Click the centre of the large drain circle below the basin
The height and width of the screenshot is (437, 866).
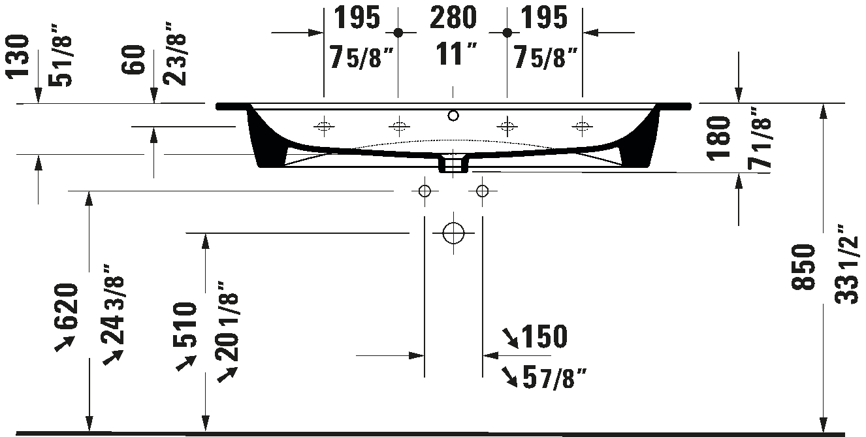[453, 233]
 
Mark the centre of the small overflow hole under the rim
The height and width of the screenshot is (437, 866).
[453, 115]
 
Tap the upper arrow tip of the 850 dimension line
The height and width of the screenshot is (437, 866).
[824, 104]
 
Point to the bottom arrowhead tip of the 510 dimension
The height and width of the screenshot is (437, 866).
[205, 431]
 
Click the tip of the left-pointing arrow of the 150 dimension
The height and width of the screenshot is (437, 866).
[483, 355]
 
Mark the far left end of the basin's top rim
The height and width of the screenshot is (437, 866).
[216, 106]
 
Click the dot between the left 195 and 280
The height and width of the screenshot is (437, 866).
[398, 33]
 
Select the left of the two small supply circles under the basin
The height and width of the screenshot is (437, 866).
[425, 191]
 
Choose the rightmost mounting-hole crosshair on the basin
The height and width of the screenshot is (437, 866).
[582, 126]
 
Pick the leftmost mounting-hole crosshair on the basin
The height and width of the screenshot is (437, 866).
[324, 126]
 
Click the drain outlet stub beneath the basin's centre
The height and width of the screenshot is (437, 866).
[453, 163]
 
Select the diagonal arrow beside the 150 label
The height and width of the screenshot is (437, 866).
[510, 338]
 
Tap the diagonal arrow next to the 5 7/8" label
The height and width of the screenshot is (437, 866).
[509, 377]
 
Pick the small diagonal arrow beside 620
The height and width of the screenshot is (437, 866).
[64, 344]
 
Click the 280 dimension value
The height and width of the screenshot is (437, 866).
[453, 18]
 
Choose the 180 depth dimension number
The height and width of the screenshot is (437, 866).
[718, 138]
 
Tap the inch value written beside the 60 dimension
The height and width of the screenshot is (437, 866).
[175, 54]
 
